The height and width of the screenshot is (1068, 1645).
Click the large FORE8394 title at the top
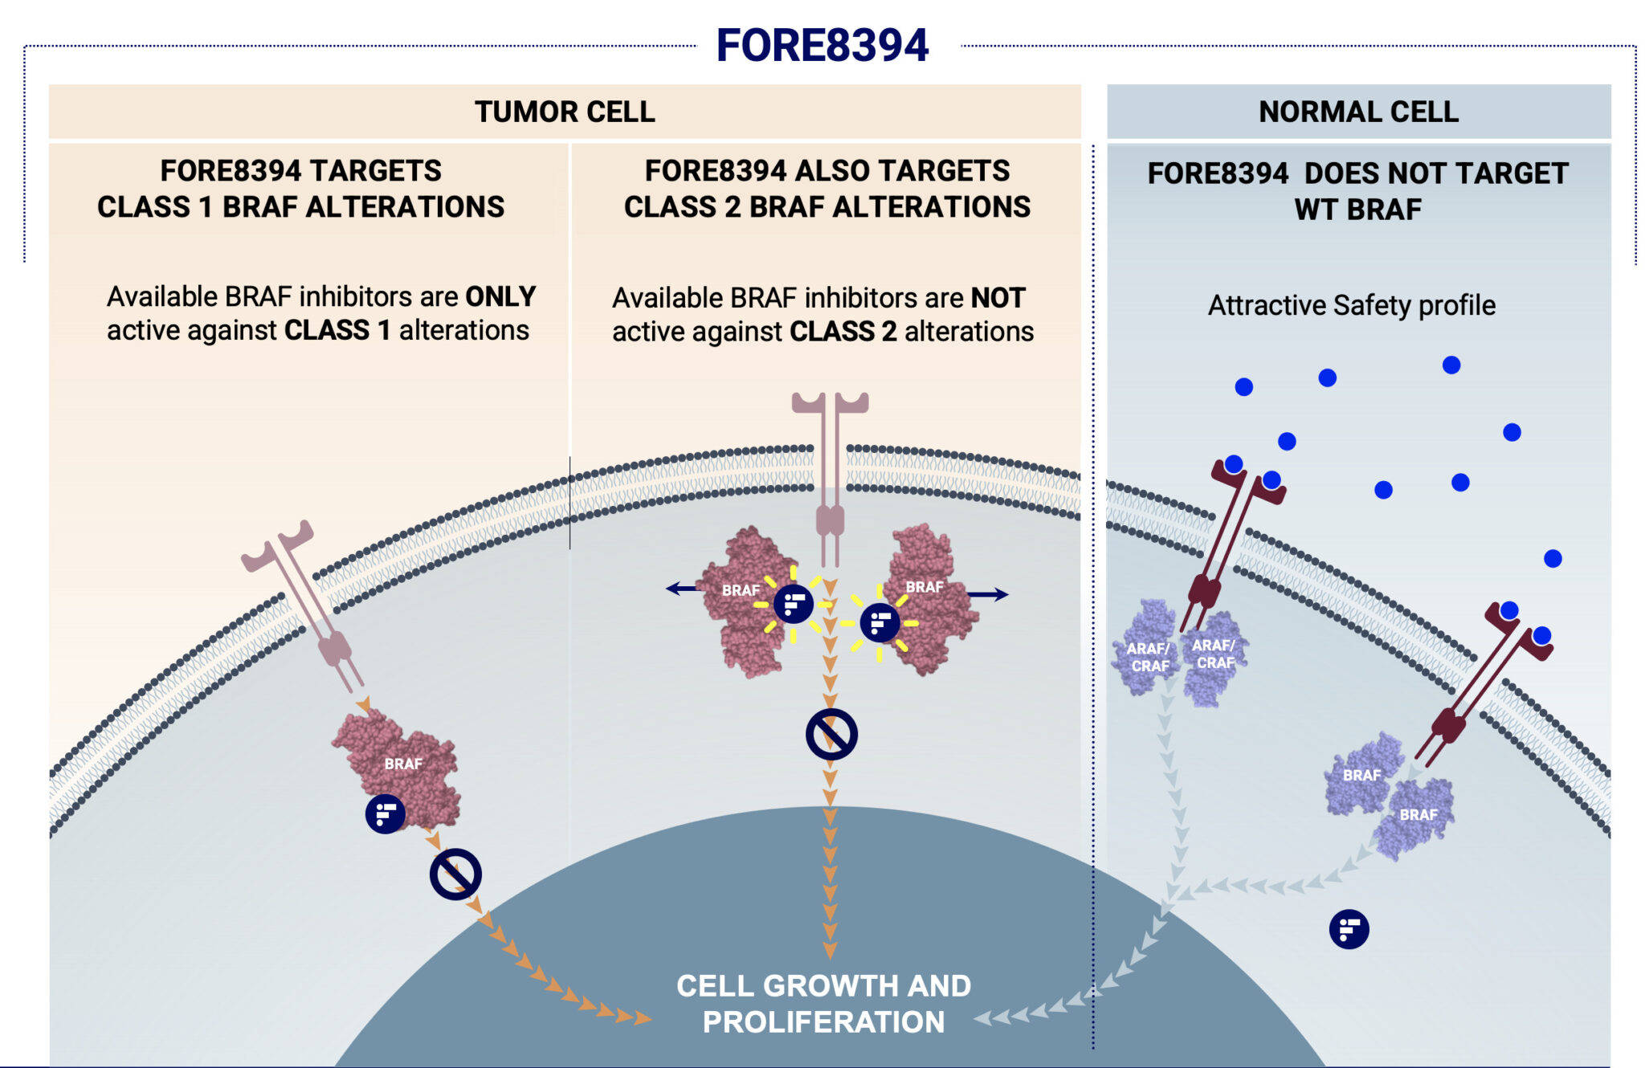pyautogui.click(x=822, y=45)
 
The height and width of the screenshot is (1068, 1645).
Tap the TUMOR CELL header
pyautogui.click(x=565, y=112)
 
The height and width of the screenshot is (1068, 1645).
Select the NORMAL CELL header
pyautogui.click(x=1358, y=112)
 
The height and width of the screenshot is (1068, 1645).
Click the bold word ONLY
pyautogui.click(x=500, y=296)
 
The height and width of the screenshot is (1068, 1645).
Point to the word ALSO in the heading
pyautogui.click(x=828, y=171)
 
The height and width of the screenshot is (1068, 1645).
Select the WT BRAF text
pyautogui.click(x=1357, y=210)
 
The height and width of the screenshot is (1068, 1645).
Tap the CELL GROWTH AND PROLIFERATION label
pyautogui.click(x=823, y=1004)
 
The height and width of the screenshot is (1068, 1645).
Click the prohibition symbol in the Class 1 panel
pyautogui.click(x=455, y=874)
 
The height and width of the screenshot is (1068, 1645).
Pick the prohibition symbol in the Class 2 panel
pyautogui.click(x=831, y=734)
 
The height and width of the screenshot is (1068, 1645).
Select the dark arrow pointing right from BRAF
pyautogui.click(x=988, y=594)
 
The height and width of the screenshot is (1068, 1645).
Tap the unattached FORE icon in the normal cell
pyautogui.click(x=1349, y=929)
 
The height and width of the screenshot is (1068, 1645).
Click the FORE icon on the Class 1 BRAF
pyautogui.click(x=386, y=814)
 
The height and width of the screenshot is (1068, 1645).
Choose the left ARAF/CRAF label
pyautogui.click(x=1149, y=657)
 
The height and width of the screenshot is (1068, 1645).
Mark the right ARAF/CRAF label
pyautogui.click(x=1214, y=654)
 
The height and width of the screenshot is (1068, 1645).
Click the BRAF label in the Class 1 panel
pyautogui.click(x=403, y=764)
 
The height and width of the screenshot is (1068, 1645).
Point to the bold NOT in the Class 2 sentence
pyautogui.click(x=998, y=298)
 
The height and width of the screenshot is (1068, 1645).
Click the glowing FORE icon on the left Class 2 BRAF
pyautogui.click(x=794, y=604)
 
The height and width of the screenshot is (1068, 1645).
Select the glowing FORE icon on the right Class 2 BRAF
pyautogui.click(x=880, y=623)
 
